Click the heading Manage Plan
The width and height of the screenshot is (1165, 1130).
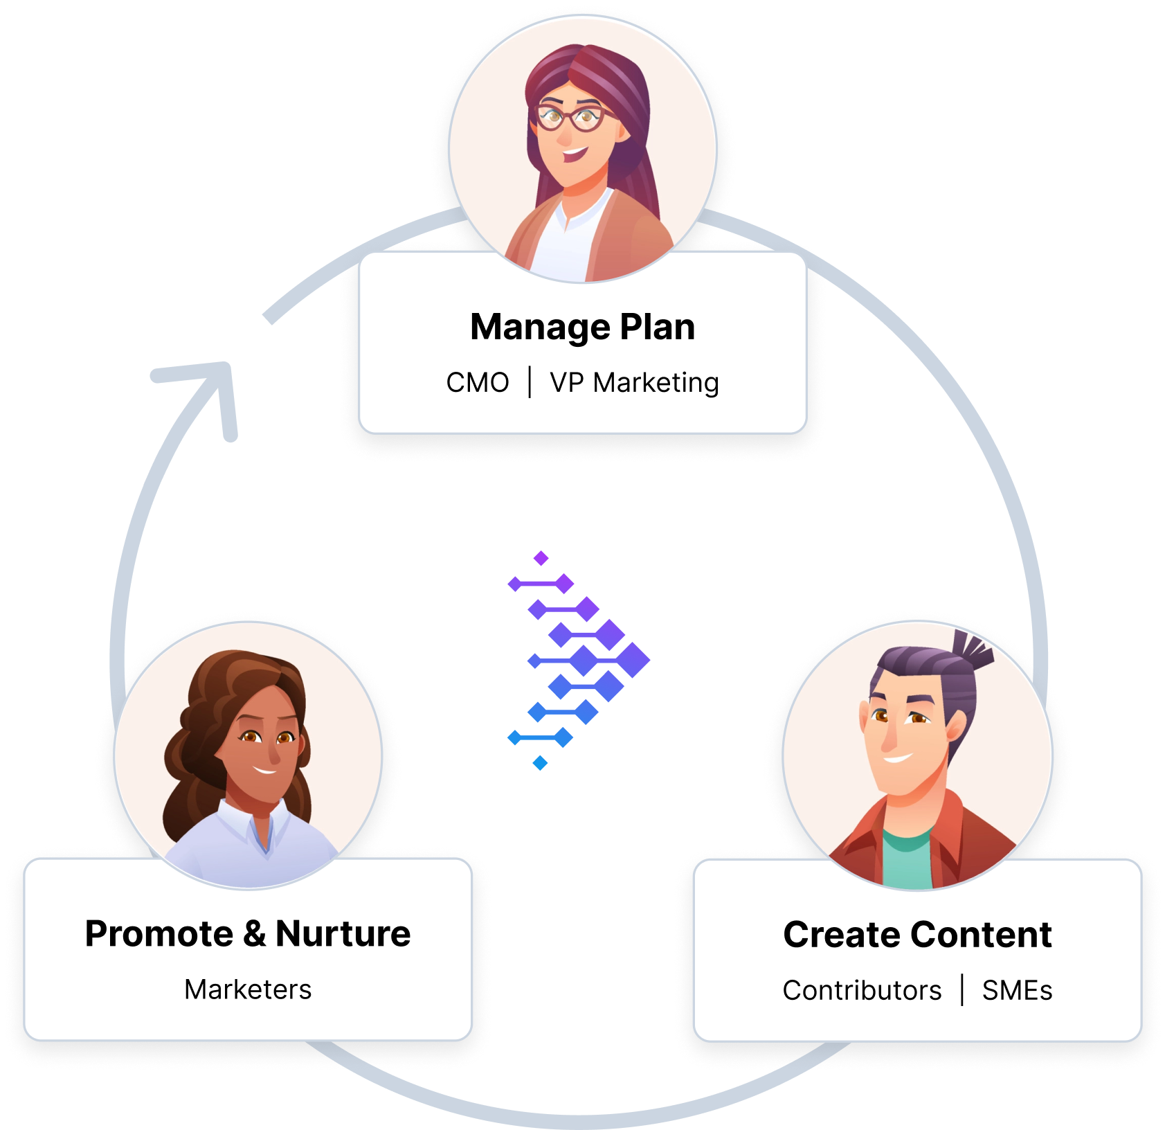point(582,327)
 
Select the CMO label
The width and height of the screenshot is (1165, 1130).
point(477,382)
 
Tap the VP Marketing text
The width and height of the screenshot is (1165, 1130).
point(634,382)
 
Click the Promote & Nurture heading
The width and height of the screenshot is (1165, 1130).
point(248,933)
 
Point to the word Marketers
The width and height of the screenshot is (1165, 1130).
point(248,989)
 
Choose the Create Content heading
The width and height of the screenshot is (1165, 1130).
point(917,935)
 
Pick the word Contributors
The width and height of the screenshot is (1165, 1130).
point(862,991)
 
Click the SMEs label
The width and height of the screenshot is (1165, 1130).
point(1017,991)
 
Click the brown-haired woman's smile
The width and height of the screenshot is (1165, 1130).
point(264,769)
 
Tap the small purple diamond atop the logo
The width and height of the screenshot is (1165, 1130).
point(541,558)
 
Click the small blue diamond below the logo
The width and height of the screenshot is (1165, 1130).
point(541,763)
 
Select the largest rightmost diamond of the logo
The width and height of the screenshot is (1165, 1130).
point(631,660)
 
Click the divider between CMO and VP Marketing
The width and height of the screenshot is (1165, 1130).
point(530,382)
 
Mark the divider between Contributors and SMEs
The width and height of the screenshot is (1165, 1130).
point(962,990)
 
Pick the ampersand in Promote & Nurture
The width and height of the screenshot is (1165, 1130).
point(254,933)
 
